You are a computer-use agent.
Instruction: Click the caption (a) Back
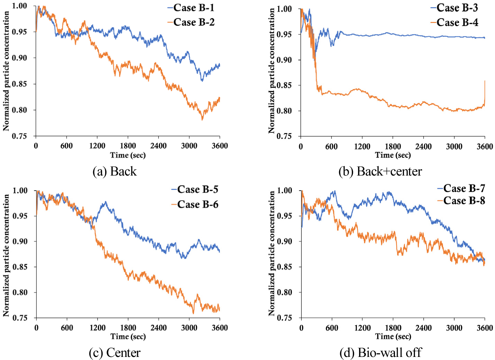pos(114,171)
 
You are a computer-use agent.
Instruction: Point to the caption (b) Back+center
pos(380,171)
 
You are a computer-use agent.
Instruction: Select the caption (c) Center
pos(114,352)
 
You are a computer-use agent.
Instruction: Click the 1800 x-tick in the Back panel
pos(128,146)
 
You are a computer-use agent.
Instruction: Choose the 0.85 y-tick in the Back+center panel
pos(284,85)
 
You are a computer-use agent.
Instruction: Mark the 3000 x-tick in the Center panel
pos(189,327)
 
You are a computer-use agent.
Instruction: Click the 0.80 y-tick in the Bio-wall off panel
pos(284,292)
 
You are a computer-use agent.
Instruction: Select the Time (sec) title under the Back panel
pos(128,155)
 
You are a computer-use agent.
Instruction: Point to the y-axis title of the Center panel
pos(6,255)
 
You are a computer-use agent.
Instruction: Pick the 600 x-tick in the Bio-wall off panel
pos(332,327)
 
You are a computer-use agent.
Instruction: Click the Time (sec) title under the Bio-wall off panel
pos(393,337)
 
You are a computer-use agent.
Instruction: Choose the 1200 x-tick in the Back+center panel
pos(362,146)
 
